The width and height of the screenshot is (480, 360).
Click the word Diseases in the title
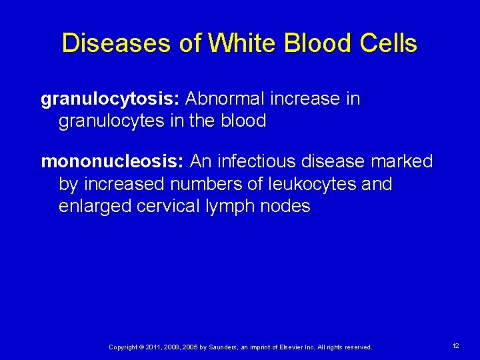pos(116,44)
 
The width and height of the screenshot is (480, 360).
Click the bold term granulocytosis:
pos(111,100)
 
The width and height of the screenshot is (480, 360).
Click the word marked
pos(403,162)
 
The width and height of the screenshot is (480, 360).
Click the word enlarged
pos(95,207)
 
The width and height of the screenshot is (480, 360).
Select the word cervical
pos(168,207)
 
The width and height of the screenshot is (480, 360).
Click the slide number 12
pos(456,346)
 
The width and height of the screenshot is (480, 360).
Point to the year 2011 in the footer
pos(151,347)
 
